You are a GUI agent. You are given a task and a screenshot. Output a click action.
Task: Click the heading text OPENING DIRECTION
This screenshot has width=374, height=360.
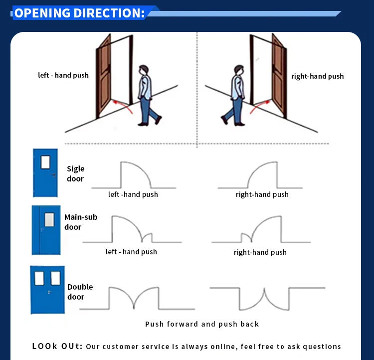coord(79,13)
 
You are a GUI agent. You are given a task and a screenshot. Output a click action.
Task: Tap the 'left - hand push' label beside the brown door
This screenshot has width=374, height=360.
coord(63,75)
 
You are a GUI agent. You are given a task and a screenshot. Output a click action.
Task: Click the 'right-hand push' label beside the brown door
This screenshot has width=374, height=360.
coord(317,76)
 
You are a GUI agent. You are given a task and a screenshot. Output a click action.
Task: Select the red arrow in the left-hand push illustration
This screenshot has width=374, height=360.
coord(123,105)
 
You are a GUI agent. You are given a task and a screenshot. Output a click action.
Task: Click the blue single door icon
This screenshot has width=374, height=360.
coord(45,173)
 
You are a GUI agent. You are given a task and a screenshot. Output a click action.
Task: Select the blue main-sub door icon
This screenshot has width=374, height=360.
coord(46,230)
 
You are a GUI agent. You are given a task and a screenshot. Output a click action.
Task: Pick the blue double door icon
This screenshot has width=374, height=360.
coord(47,290)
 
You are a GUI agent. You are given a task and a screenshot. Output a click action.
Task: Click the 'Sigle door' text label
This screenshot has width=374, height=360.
coord(76,174)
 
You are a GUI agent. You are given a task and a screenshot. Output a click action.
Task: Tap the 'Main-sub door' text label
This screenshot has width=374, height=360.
coord(80,222)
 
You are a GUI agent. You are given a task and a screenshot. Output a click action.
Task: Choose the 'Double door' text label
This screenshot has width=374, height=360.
coord(80,292)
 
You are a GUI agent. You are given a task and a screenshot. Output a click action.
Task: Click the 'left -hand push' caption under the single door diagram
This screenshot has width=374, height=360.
coord(133,194)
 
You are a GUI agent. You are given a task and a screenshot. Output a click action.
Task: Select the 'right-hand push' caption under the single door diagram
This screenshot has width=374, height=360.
coord(262,194)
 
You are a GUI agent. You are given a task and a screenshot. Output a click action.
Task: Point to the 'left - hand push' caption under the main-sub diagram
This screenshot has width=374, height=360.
coord(131,252)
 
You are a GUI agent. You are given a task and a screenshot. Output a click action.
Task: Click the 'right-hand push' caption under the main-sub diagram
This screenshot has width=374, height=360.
coord(260,252)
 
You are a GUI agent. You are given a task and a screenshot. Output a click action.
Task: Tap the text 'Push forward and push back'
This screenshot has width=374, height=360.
coord(202,324)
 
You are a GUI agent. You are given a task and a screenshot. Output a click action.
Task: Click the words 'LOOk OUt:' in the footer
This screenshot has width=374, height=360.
coord(57,346)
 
